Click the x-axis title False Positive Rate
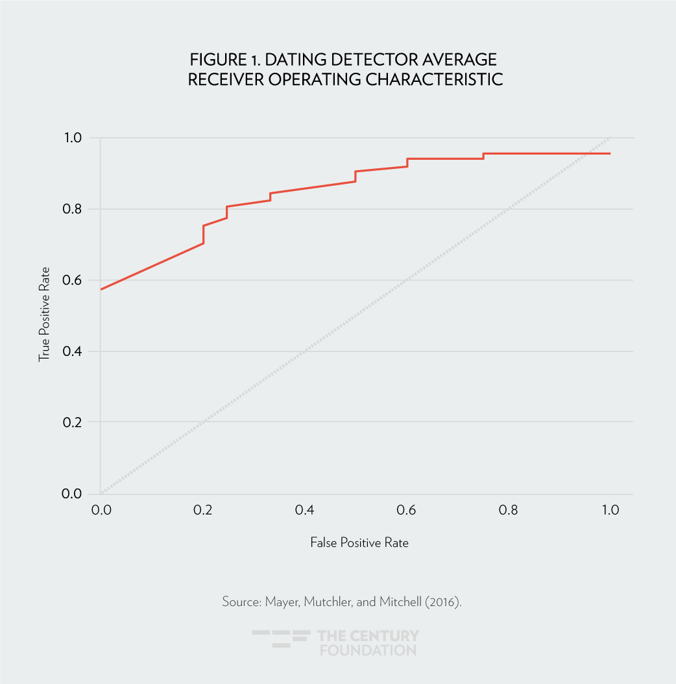point(359,542)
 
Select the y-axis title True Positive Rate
point(44,316)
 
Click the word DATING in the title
point(289,60)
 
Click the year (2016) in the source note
point(444,602)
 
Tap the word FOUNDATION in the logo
point(368,649)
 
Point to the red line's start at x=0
point(101,289)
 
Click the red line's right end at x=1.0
point(610,153)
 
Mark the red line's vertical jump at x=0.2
point(203,234)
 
